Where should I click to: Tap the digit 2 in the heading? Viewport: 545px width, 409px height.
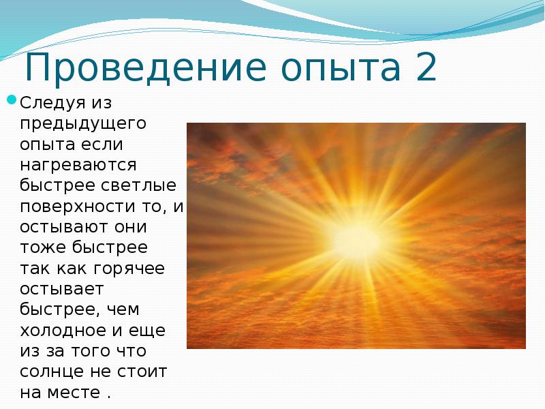tap(425, 66)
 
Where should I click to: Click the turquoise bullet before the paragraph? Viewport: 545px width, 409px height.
tap(12, 100)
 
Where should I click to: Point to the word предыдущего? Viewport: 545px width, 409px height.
tap(83, 124)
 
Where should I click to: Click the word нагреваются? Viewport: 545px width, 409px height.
tap(78, 165)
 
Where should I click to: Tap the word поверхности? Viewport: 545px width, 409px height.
tap(78, 207)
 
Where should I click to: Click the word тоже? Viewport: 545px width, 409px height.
tap(43, 247)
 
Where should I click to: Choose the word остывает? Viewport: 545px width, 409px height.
tap(62, 289)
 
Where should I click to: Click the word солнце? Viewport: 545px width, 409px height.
tap(52, 372)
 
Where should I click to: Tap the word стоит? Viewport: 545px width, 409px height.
tap(142, 372)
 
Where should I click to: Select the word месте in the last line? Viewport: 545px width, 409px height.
tap(74, 393)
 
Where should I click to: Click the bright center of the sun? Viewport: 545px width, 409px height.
tap(356, 241)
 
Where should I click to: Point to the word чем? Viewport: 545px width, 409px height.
tap(123, 310)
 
